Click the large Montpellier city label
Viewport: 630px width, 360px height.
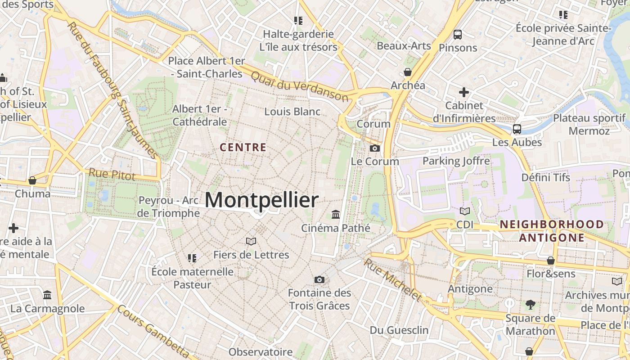(x=261, y=200)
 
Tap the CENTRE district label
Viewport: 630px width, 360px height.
(x=243, y=147)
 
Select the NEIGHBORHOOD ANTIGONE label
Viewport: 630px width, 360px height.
(x=552, y=231)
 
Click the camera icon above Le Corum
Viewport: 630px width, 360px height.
(x=374, y=148)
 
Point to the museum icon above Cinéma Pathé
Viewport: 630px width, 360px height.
(x=336, y=214)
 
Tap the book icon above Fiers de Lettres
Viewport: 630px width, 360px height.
(x=251, y=242)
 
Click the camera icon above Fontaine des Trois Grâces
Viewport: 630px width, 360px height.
(x=319, y=279)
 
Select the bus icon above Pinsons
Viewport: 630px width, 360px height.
(x=458, y=34)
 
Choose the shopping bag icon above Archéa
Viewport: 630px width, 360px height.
(x=408, y=72)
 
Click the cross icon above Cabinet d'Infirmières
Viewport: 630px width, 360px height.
(x=464, y=92)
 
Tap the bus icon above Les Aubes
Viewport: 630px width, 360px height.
(x=517, y=129)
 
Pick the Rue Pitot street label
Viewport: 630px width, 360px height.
(x=112, y=174)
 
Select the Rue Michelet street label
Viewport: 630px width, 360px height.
(x=393, y=279)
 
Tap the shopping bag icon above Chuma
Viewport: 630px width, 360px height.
(x=32, y=180)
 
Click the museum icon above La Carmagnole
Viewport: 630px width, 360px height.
(x=47, y=295)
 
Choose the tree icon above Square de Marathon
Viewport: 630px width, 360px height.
(x=531, y=305)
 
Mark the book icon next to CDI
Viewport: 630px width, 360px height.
(x=465, y=211)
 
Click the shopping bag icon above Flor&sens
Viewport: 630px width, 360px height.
(x=551, y=261)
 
